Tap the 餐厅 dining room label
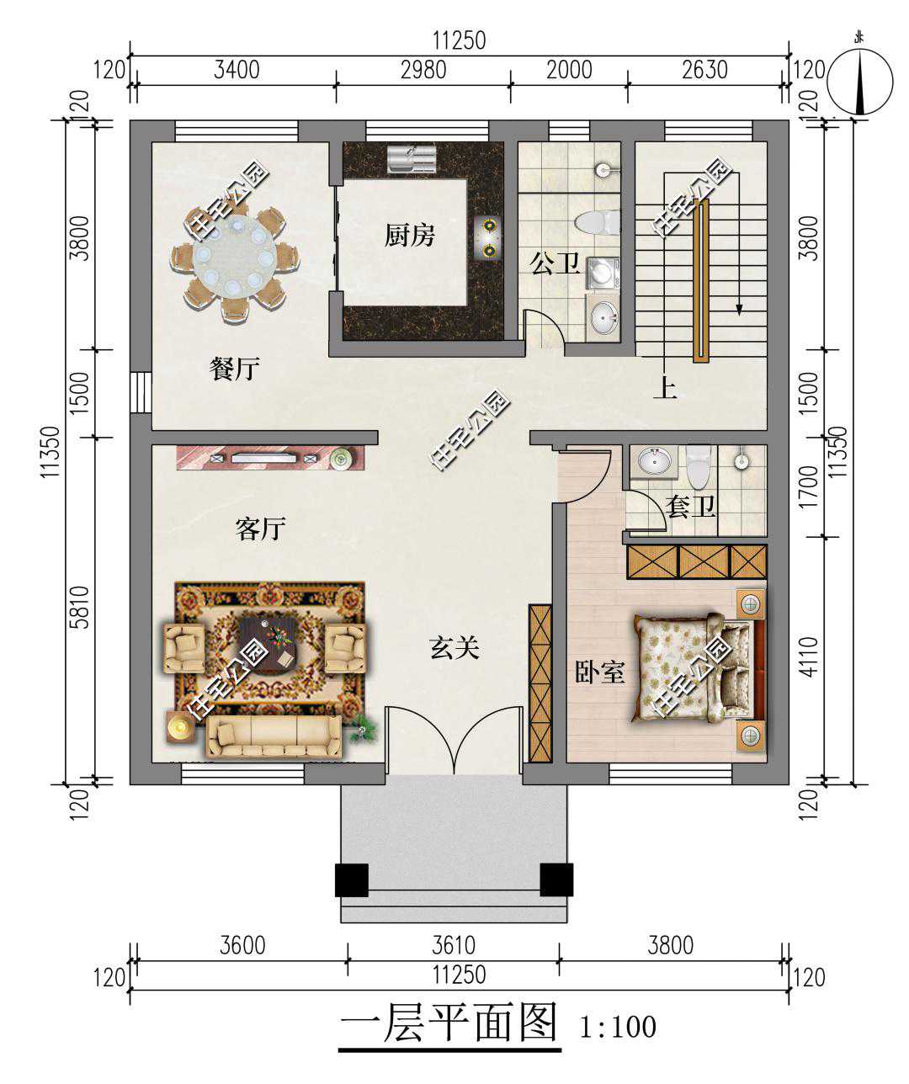pyautogui.click(x=235, y=369)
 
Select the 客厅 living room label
pyautogui.click(x=261, y=529)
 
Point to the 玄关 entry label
pyautogui.click(x=454, y=648)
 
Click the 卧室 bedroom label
pyautogui.click(x=599, y=672)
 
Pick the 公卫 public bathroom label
pyautogui.click(x=555, y=264)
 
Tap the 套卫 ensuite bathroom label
pyautogui.click(x=691, y=507)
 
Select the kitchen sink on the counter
pyautogui.click(x=412, y=158)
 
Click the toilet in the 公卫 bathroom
pyautogui.click(x=598, y=223)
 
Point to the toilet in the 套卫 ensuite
pyautogui.click(x=698, y=466)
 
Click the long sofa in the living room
pyautogui.click(x=274, y=736)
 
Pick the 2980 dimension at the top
pyautogui.click(x=423, y=70)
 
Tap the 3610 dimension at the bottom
pyautogui.click(x=454, y=946)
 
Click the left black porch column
pyautogui.click(x=352, y=880)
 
